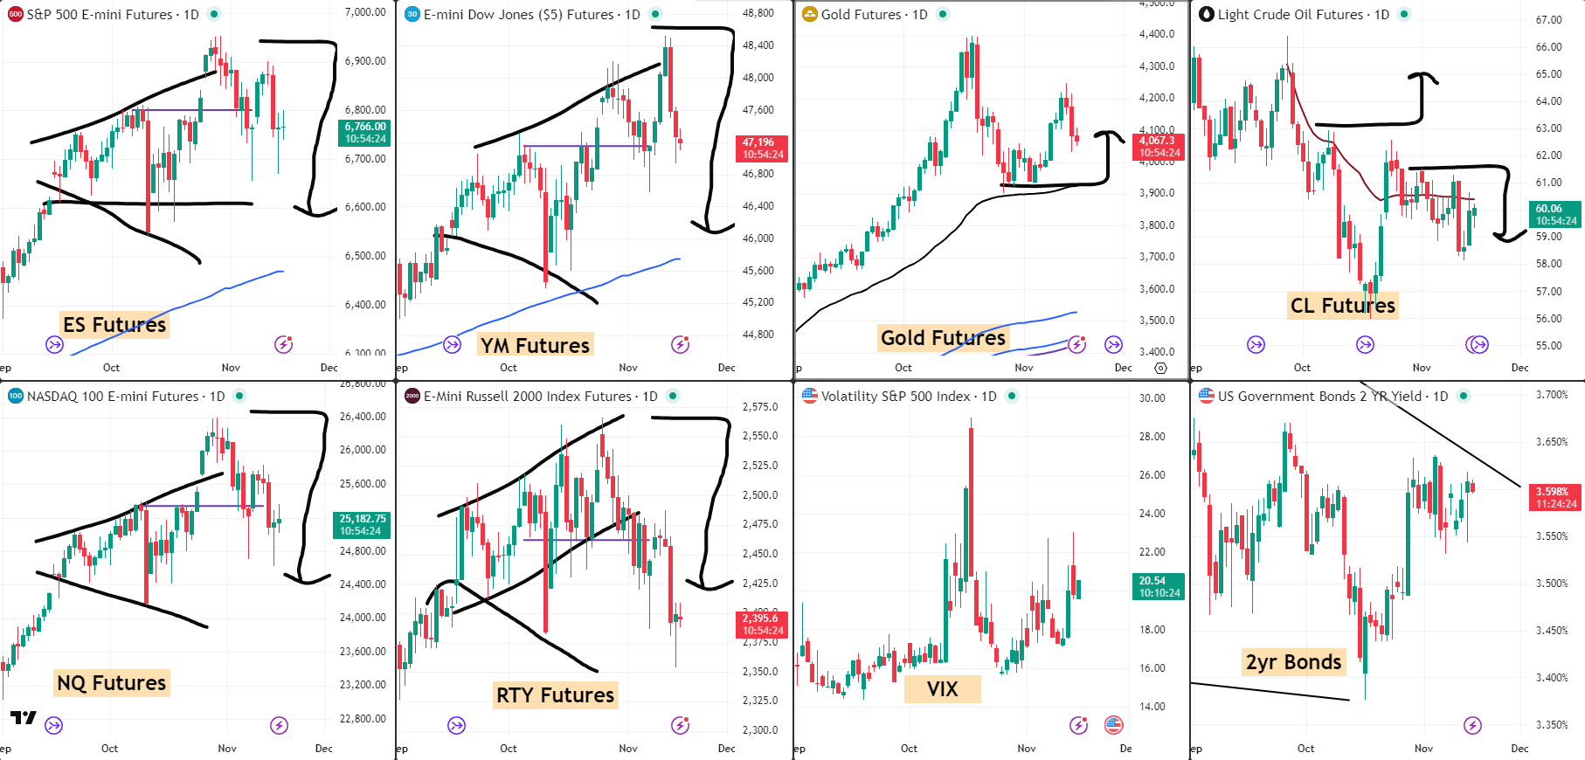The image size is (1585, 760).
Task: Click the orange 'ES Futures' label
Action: point(114,325)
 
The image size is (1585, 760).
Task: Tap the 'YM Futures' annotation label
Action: point(535,346)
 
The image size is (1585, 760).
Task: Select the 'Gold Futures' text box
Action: point(942,338)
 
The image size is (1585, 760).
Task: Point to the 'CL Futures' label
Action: point(1342,306)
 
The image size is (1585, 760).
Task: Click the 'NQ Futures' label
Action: point(111,683)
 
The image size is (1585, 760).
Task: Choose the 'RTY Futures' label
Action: point(555,695)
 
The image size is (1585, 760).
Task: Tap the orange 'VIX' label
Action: point(942,689)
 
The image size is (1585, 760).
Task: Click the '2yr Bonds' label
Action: point(1293,662)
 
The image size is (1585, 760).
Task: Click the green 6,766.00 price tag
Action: point(364,133)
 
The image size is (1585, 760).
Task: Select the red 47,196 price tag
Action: point(762,149)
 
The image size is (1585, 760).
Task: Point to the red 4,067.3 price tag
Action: point(1159,147)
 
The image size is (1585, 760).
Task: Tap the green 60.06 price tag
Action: point(1555,215)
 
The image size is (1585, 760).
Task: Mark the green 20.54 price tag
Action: point(1159,586)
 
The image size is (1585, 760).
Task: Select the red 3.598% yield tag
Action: point(1555,498)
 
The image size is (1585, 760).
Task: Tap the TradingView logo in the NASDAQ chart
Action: point(24,718)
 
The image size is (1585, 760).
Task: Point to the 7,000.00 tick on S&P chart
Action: point(365,12)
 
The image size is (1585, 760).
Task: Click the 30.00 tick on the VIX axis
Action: point(1152,398)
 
